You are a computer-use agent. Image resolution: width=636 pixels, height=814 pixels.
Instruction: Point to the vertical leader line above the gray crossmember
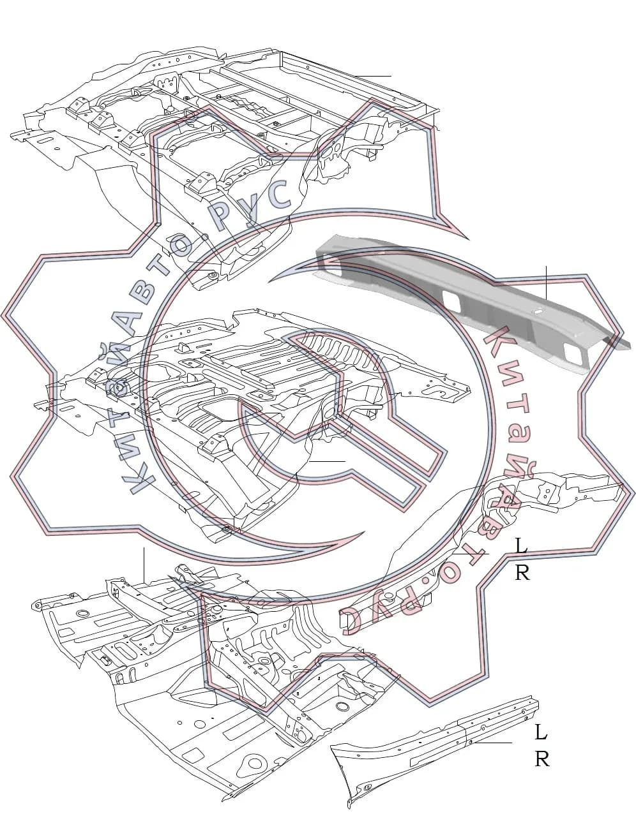coord(547,283)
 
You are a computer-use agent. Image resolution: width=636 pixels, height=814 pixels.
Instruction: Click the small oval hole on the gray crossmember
coord(538,311)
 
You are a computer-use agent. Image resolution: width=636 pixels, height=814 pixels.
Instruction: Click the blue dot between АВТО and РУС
coord(205,237)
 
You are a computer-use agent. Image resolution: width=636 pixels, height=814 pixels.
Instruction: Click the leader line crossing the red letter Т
coord(471,553)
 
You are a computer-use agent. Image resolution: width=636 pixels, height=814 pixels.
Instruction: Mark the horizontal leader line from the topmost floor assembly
coord(373,76)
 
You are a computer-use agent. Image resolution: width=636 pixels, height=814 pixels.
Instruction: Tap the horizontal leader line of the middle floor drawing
coord(327,461)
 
